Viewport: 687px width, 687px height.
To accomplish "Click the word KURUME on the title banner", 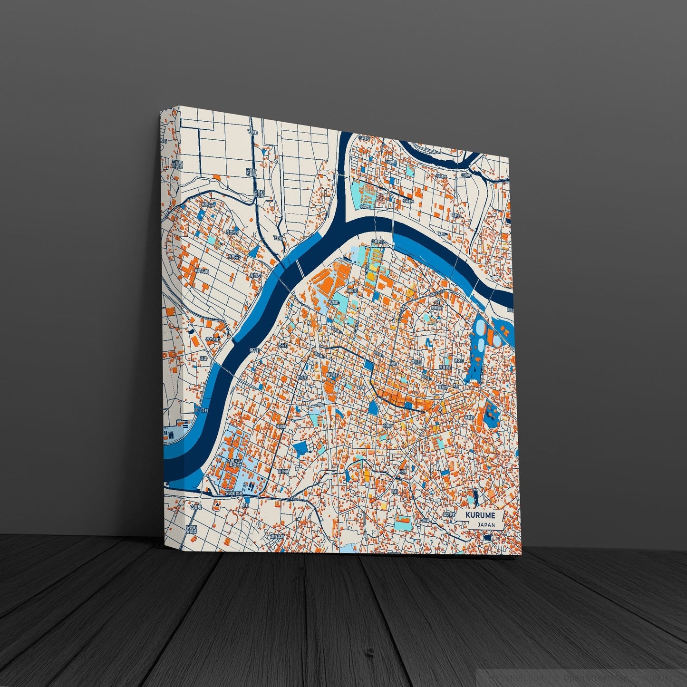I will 480,515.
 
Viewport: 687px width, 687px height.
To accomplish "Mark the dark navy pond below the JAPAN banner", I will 487,537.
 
